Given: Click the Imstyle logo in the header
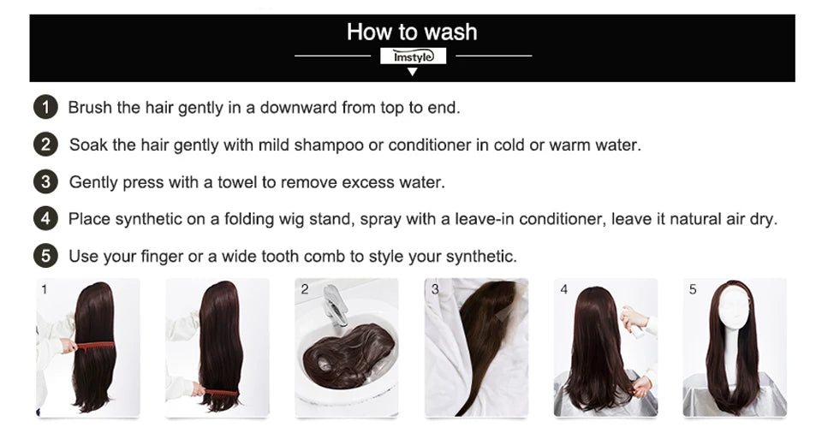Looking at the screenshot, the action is [x=413, y=56].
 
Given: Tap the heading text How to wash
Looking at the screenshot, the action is [x=412, y=32].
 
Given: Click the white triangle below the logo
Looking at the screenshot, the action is [x=413, y=72].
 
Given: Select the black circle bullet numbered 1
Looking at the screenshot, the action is [x=45, y=108].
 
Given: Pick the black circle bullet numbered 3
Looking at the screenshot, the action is [x=45, y=181].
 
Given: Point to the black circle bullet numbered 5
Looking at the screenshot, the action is [x=45, y=256].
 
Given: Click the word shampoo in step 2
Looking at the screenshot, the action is [x=329, y=145].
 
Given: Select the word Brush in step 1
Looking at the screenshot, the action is [x=90, y=108].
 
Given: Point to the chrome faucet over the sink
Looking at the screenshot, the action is [x=335, y=306].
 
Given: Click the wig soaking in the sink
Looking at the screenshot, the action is [x=348, y=355].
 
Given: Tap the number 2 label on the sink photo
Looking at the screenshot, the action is [x=305, y=289].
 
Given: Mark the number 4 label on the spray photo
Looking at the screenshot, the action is [x=563, y=289].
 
